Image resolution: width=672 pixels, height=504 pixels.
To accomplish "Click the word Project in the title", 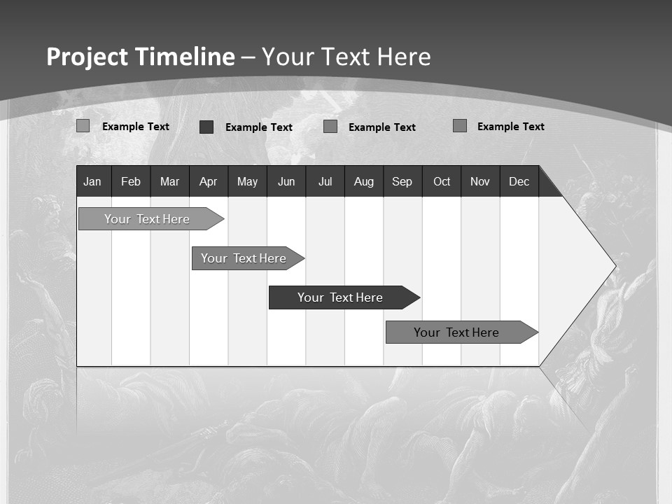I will click(86, 57).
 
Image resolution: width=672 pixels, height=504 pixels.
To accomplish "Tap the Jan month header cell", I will click(92, 181).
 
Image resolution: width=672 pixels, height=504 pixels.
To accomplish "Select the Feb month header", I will click(131, 181).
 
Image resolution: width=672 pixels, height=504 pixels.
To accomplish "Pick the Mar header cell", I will click(169, 181).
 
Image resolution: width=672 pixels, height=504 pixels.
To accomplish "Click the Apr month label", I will click(208, 181).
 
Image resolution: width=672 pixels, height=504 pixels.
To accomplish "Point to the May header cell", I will click(247, 181).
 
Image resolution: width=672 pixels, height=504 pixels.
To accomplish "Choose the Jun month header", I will click(286, 181).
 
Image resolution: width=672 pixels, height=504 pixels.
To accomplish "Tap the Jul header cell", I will click(325, 181).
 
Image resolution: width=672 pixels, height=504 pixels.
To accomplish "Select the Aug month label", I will click(364, 181).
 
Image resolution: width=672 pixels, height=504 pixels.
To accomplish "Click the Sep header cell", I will click(402, 181).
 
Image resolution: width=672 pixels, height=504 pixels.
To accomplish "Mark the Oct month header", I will click(442, 181).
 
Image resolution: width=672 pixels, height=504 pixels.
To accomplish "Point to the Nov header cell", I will click(480, 181).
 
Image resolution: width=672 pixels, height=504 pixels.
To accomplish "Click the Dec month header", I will click(519, 181).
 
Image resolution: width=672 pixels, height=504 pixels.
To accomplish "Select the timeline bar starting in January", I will click(147, 219).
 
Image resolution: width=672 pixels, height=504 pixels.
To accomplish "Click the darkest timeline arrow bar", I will click(340, 297).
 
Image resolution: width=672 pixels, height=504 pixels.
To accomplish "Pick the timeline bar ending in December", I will click(456, 332).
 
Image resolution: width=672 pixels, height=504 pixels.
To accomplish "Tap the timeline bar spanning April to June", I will click(244, 258).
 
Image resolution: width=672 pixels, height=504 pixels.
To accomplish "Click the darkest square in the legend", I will click(206, 127).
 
